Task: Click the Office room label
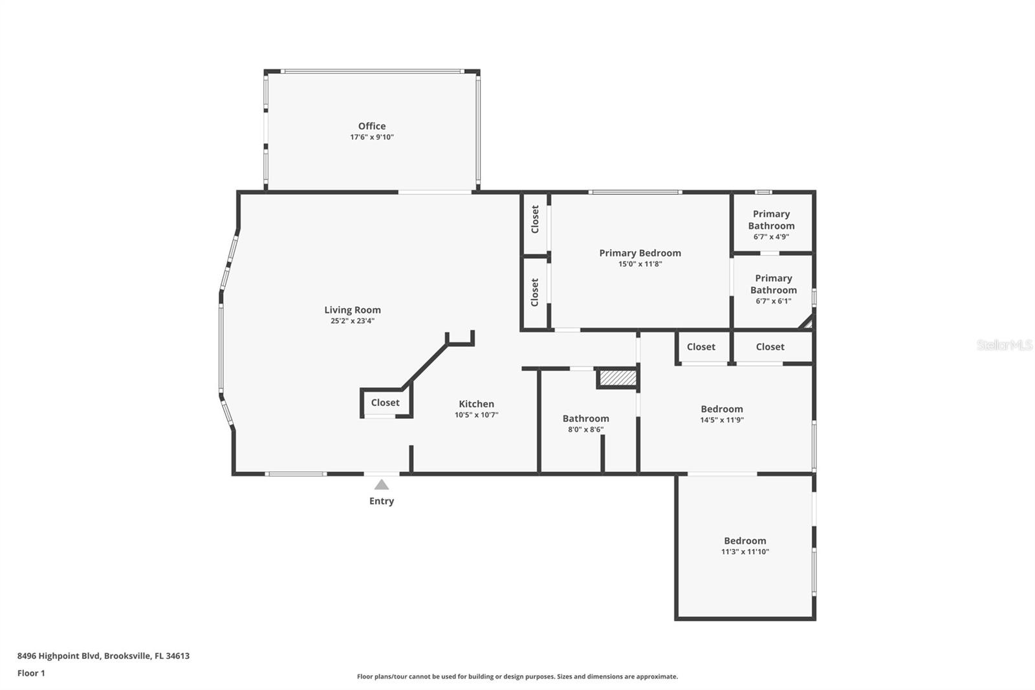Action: click(x=372, y=126)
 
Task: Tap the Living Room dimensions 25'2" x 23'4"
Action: click(x=353, y=321)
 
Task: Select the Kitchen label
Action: click(x=477, y=404)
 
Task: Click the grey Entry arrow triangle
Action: click(x=382, y=485)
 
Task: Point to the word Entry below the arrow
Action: click(x=382, y=501)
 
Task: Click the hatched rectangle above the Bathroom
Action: click(x=618, y=378)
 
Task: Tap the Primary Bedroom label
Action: click(x=640, y=253)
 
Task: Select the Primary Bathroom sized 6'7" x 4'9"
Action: click(x=771, y=224)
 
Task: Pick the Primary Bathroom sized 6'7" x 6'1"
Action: click(x=774, y=289)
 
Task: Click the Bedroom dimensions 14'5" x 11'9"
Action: click(x=722, y=420)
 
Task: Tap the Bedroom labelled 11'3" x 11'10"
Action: click(x=745, y=546)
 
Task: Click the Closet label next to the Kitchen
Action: click(x=386, y=403)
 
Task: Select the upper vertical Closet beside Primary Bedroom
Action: click(x=535, y=219)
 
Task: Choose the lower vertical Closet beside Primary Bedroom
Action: click(x=535, y=293)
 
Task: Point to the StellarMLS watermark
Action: click(x=1005, y=345)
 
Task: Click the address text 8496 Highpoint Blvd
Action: click(x=103, y=656)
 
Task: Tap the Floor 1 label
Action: click(x=31, y=673)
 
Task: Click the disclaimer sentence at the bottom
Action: click(x=517, y=676)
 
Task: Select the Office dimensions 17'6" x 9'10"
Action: click(x=372, y=137)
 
